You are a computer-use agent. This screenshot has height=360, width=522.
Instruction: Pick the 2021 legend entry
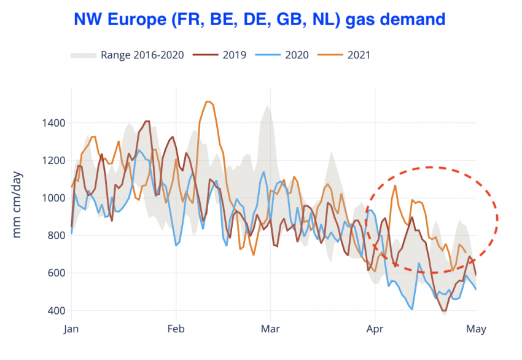[x=359, y=55]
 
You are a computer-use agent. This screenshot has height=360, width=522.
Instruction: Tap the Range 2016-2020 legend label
[x=143, y=55]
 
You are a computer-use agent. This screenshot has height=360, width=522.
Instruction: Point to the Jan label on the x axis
[x=72, y=329]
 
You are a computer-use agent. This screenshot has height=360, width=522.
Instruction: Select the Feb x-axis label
[x=176, y=329]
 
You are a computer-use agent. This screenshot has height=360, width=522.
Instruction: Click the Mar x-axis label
[x=270, y=329]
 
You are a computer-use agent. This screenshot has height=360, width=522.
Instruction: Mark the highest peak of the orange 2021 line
[x=208, y=101]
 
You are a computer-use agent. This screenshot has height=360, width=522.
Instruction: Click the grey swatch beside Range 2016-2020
[x=84, y=55]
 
